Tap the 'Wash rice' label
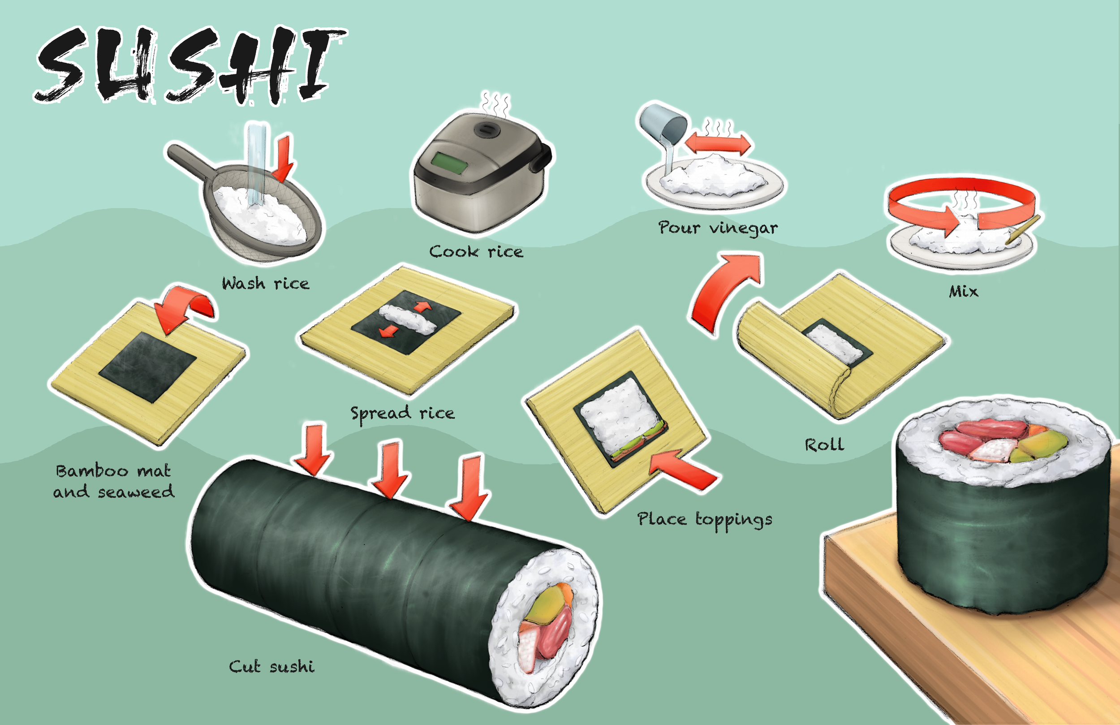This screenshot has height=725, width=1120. pyautogui.click(x=265, y=283)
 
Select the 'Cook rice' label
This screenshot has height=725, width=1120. pyautogui.click(x=476, y=252)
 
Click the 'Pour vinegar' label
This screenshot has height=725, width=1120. pyautogui.click(x=718, y=229)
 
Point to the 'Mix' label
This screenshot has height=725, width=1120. pyautogui.click(x=963, y=291)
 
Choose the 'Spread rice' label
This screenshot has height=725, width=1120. pyautogui.click(x=402, y=413)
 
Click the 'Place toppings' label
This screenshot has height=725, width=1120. pyautogui.click(x=704, y=519)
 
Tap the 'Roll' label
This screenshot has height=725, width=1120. pyautogui.click(x=824, y=445)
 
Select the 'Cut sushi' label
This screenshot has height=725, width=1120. pyautogui.click(x=271, y=667)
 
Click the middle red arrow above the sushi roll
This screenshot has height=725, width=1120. pyautogui.click(x=390, y=468)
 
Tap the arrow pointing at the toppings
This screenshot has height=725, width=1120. pyautogui.click(x=682, y=468)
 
